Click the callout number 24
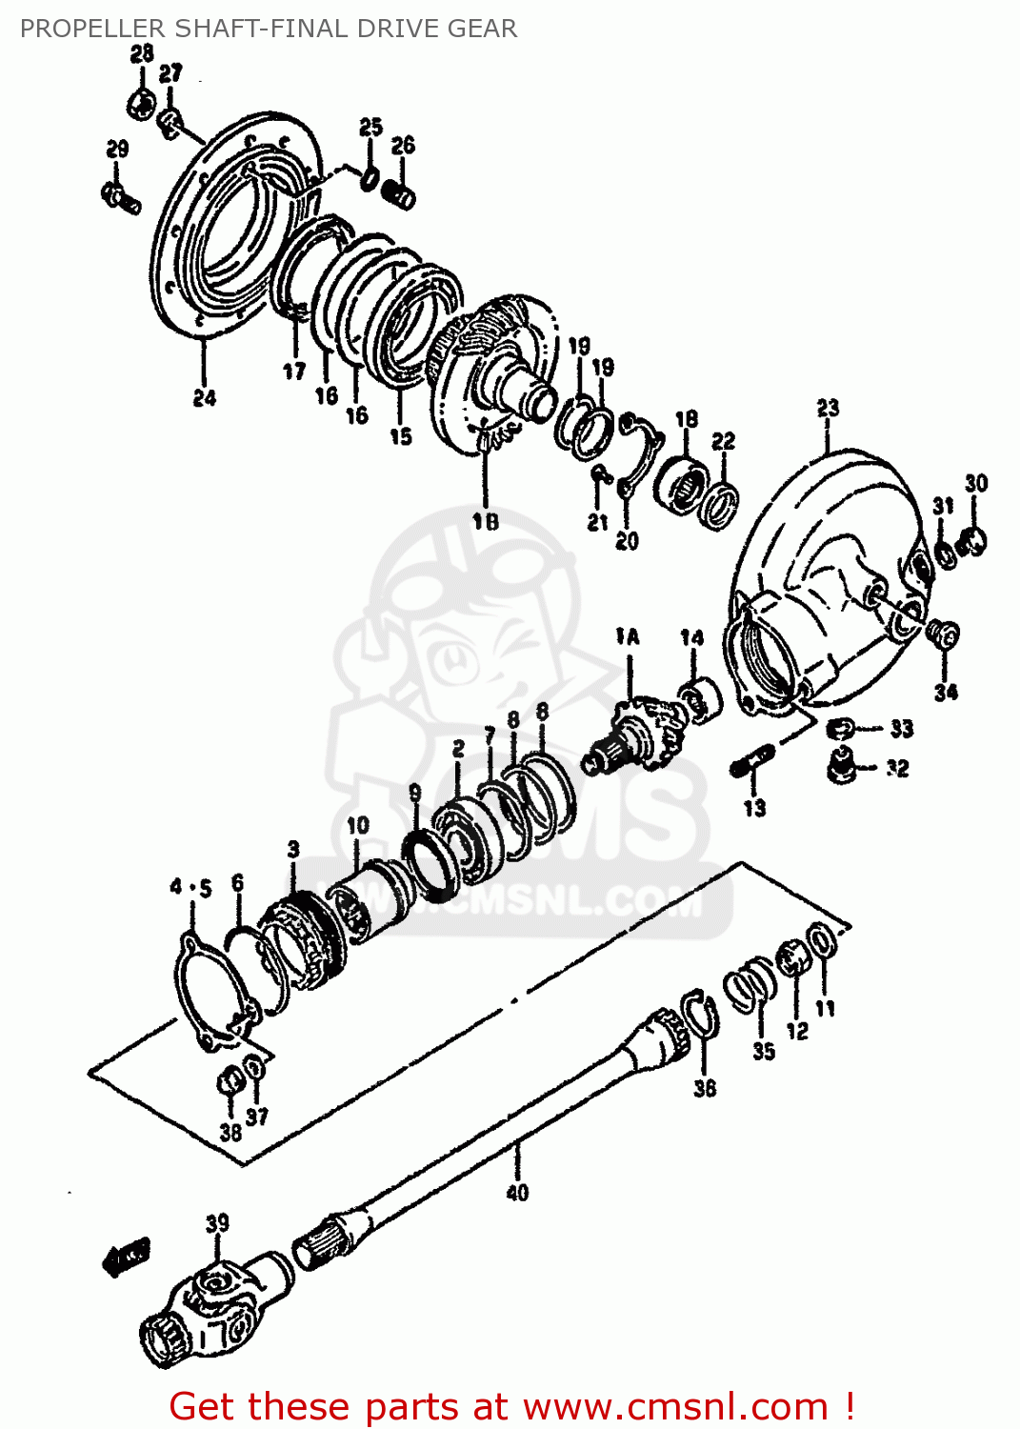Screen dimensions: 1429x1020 pos(205,398)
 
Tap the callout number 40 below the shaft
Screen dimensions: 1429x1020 pos(516,1192)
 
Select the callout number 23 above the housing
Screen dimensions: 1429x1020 pos(828,409)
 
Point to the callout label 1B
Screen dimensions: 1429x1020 pos(486,521)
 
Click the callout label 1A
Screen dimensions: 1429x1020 pos(628,636)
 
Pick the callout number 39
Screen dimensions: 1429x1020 pos(217,1223)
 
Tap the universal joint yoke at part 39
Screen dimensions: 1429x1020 pos(214,1306)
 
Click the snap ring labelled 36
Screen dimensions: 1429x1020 pos(701,1016)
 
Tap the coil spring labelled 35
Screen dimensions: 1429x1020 pos(750,983)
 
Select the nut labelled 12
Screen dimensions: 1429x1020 pos(793,958)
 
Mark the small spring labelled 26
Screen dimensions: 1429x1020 pos(400,194)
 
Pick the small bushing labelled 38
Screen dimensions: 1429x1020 pos(229,1082)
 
